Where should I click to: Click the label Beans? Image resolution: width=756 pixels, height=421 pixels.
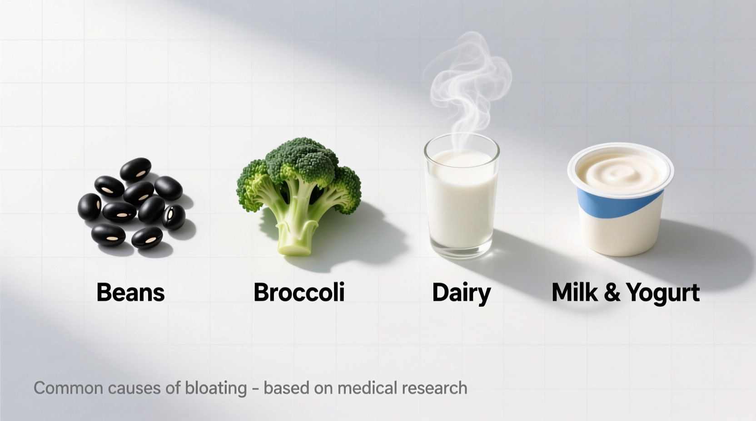coord(130,293)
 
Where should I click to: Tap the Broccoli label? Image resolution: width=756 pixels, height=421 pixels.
coord(299,293)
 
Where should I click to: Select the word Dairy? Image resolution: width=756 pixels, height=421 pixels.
coord(461,293)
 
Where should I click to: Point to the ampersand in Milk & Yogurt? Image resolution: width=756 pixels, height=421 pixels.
coord(612,293)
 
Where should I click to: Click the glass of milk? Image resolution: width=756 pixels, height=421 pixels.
coord(461,200)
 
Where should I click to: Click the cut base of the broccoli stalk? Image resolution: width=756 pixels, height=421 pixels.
coord(296,248)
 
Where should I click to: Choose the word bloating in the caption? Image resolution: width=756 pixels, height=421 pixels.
coord(216,388)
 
